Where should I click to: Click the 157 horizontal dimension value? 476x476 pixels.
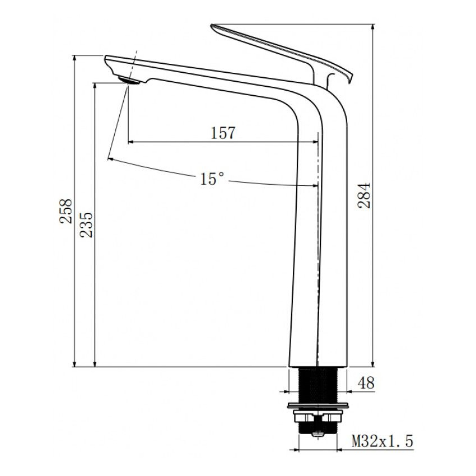[x=223, y=133]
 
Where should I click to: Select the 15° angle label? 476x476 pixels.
[x=212, y=179]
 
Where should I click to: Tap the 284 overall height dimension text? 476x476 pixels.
[x=364, y=195]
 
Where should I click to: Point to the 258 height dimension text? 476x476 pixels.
[x=67, y=211]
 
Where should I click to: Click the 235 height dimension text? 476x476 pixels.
[x=86, y=225]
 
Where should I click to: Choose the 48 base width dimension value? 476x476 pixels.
[x=366, y=383]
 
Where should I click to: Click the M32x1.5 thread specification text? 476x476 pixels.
[x=382, y=442]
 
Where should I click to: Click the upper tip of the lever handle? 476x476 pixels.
[x=214, y=26]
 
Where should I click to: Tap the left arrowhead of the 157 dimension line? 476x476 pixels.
[x=131, y=142]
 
